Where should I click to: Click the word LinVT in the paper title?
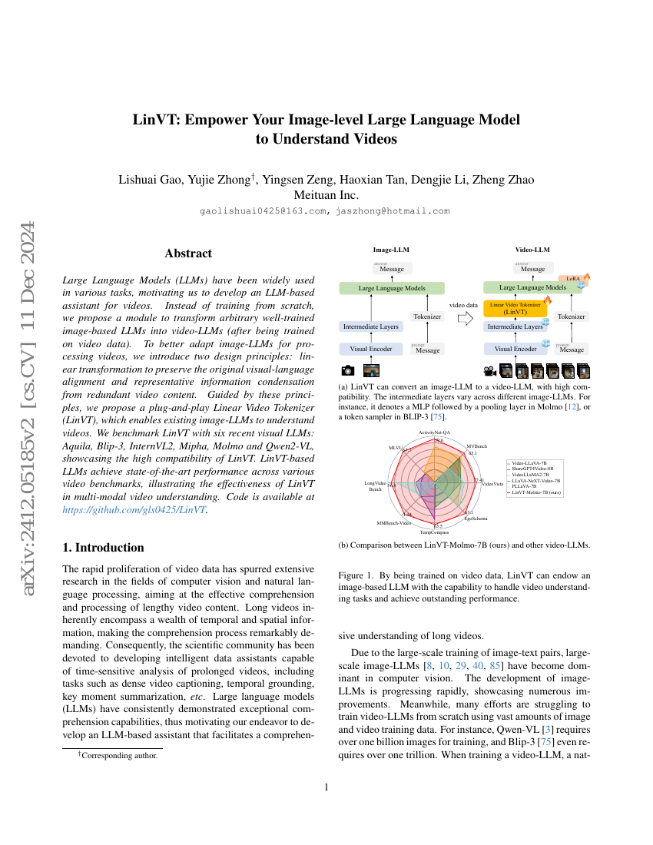(x=157, y=120)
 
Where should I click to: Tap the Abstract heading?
(x=188, y=253)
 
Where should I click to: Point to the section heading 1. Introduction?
(x=103, y=548)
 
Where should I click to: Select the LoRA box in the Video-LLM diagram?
(x=572, y=279)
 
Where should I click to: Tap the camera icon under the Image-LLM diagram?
(x=347, y=370)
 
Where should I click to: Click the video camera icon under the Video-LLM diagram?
(x=489, y=370)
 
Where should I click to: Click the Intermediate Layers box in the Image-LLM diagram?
(x=370, y=326)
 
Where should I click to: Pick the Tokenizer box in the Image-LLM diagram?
(x=427, y=316)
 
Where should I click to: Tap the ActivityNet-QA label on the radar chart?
(x=434, y=433)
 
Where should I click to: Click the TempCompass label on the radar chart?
(x=434, y=532)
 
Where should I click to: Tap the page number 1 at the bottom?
(x=326, y=787)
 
